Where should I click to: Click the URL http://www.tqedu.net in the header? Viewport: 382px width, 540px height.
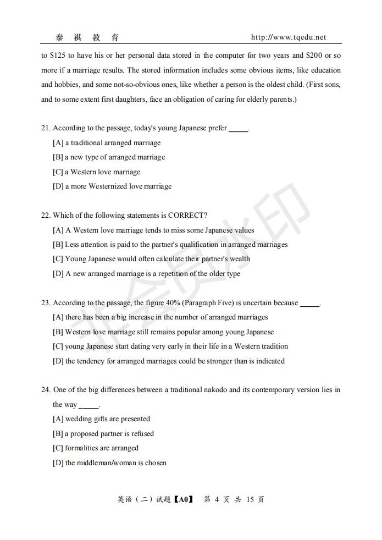[x=288, y=37]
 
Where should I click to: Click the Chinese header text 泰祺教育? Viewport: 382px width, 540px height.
[x=87, y=37]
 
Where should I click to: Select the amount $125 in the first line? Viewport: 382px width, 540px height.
[x=57, y=56]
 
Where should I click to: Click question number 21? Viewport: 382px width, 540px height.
[x=46, y=128]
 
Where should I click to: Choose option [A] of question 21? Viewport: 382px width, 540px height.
[x=107, y=143]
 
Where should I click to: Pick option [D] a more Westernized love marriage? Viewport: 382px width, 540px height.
[x=112, y=186]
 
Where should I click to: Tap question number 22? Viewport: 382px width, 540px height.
[x=46, y=216]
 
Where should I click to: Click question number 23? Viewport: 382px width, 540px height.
[x=46, y=303]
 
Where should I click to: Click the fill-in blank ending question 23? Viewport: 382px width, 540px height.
[x=310, y=304]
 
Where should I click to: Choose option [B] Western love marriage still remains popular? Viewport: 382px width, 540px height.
[x=163, y=332]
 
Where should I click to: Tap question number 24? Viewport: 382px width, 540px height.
[x=46, y=390]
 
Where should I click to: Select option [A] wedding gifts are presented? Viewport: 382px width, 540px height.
[x=101, y=419]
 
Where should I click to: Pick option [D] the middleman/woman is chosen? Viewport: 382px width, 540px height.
[x=109, y=463]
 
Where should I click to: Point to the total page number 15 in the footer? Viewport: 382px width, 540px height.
[x=250, y=500]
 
